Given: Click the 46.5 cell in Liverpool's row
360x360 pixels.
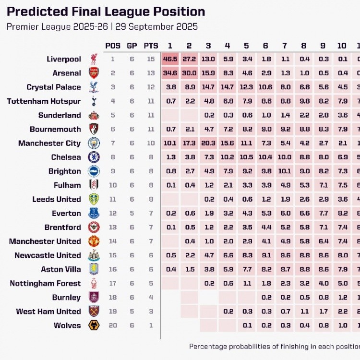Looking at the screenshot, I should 170,60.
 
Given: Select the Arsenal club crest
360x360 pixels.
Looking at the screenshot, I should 94,73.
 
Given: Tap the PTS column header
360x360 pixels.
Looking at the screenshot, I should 151,46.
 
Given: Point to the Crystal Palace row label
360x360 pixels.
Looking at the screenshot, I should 54,87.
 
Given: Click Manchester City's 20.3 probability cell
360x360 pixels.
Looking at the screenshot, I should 208,144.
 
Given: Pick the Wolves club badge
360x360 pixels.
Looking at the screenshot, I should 94,325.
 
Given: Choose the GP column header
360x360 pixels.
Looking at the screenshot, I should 132,46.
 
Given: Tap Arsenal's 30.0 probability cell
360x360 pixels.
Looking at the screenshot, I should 189,73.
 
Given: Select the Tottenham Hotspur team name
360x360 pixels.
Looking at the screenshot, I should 44,101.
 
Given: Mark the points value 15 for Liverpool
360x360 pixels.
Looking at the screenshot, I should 151,60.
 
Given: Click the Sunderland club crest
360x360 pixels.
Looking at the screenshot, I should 94,116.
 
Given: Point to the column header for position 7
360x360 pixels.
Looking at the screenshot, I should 285,46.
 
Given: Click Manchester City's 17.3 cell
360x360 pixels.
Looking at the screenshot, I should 189,144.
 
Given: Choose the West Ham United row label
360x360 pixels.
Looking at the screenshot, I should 48,312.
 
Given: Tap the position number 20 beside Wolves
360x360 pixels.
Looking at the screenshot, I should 113,325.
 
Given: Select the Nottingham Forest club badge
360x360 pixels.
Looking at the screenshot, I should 94,284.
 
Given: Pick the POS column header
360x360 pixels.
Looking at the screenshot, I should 113,46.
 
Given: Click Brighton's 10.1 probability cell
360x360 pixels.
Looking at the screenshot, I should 285,171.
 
